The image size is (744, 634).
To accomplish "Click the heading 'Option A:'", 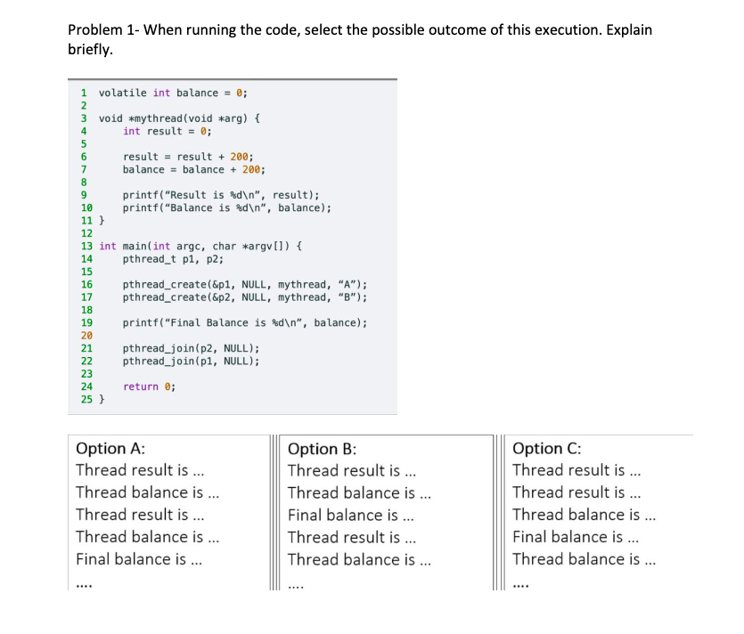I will tap(111, 449).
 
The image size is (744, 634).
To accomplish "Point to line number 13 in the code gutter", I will tap(87, 246).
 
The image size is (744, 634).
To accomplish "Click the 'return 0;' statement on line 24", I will tap(149, 386).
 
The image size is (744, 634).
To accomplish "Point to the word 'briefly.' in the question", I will tap(91, 50).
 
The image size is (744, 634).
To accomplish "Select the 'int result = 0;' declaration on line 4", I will tap(167, 131).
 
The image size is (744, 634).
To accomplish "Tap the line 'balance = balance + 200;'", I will tap(193, 169).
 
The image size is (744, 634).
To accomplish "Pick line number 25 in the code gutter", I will tap(87, 399).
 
